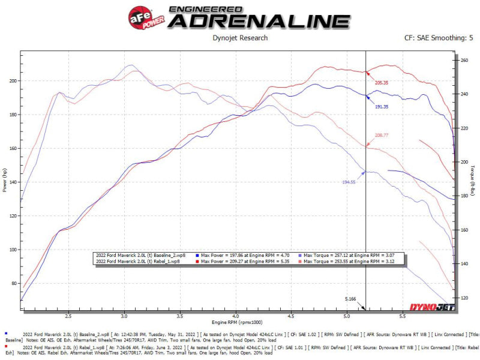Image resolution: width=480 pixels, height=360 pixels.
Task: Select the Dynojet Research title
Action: pos(240,38)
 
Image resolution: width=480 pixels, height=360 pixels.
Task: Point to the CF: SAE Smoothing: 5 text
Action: pos(439,38)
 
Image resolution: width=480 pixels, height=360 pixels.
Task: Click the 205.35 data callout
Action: pos(382,82)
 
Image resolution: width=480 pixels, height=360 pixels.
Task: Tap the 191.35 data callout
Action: pos(382,106)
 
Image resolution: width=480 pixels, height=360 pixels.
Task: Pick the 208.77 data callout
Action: pos(382,136)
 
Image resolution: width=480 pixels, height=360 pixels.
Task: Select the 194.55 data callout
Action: pos(349,181)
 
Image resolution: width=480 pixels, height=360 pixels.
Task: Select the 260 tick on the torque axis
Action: pos(463,61)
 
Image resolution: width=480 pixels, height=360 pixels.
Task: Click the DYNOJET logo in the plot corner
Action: pos(431,307)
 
